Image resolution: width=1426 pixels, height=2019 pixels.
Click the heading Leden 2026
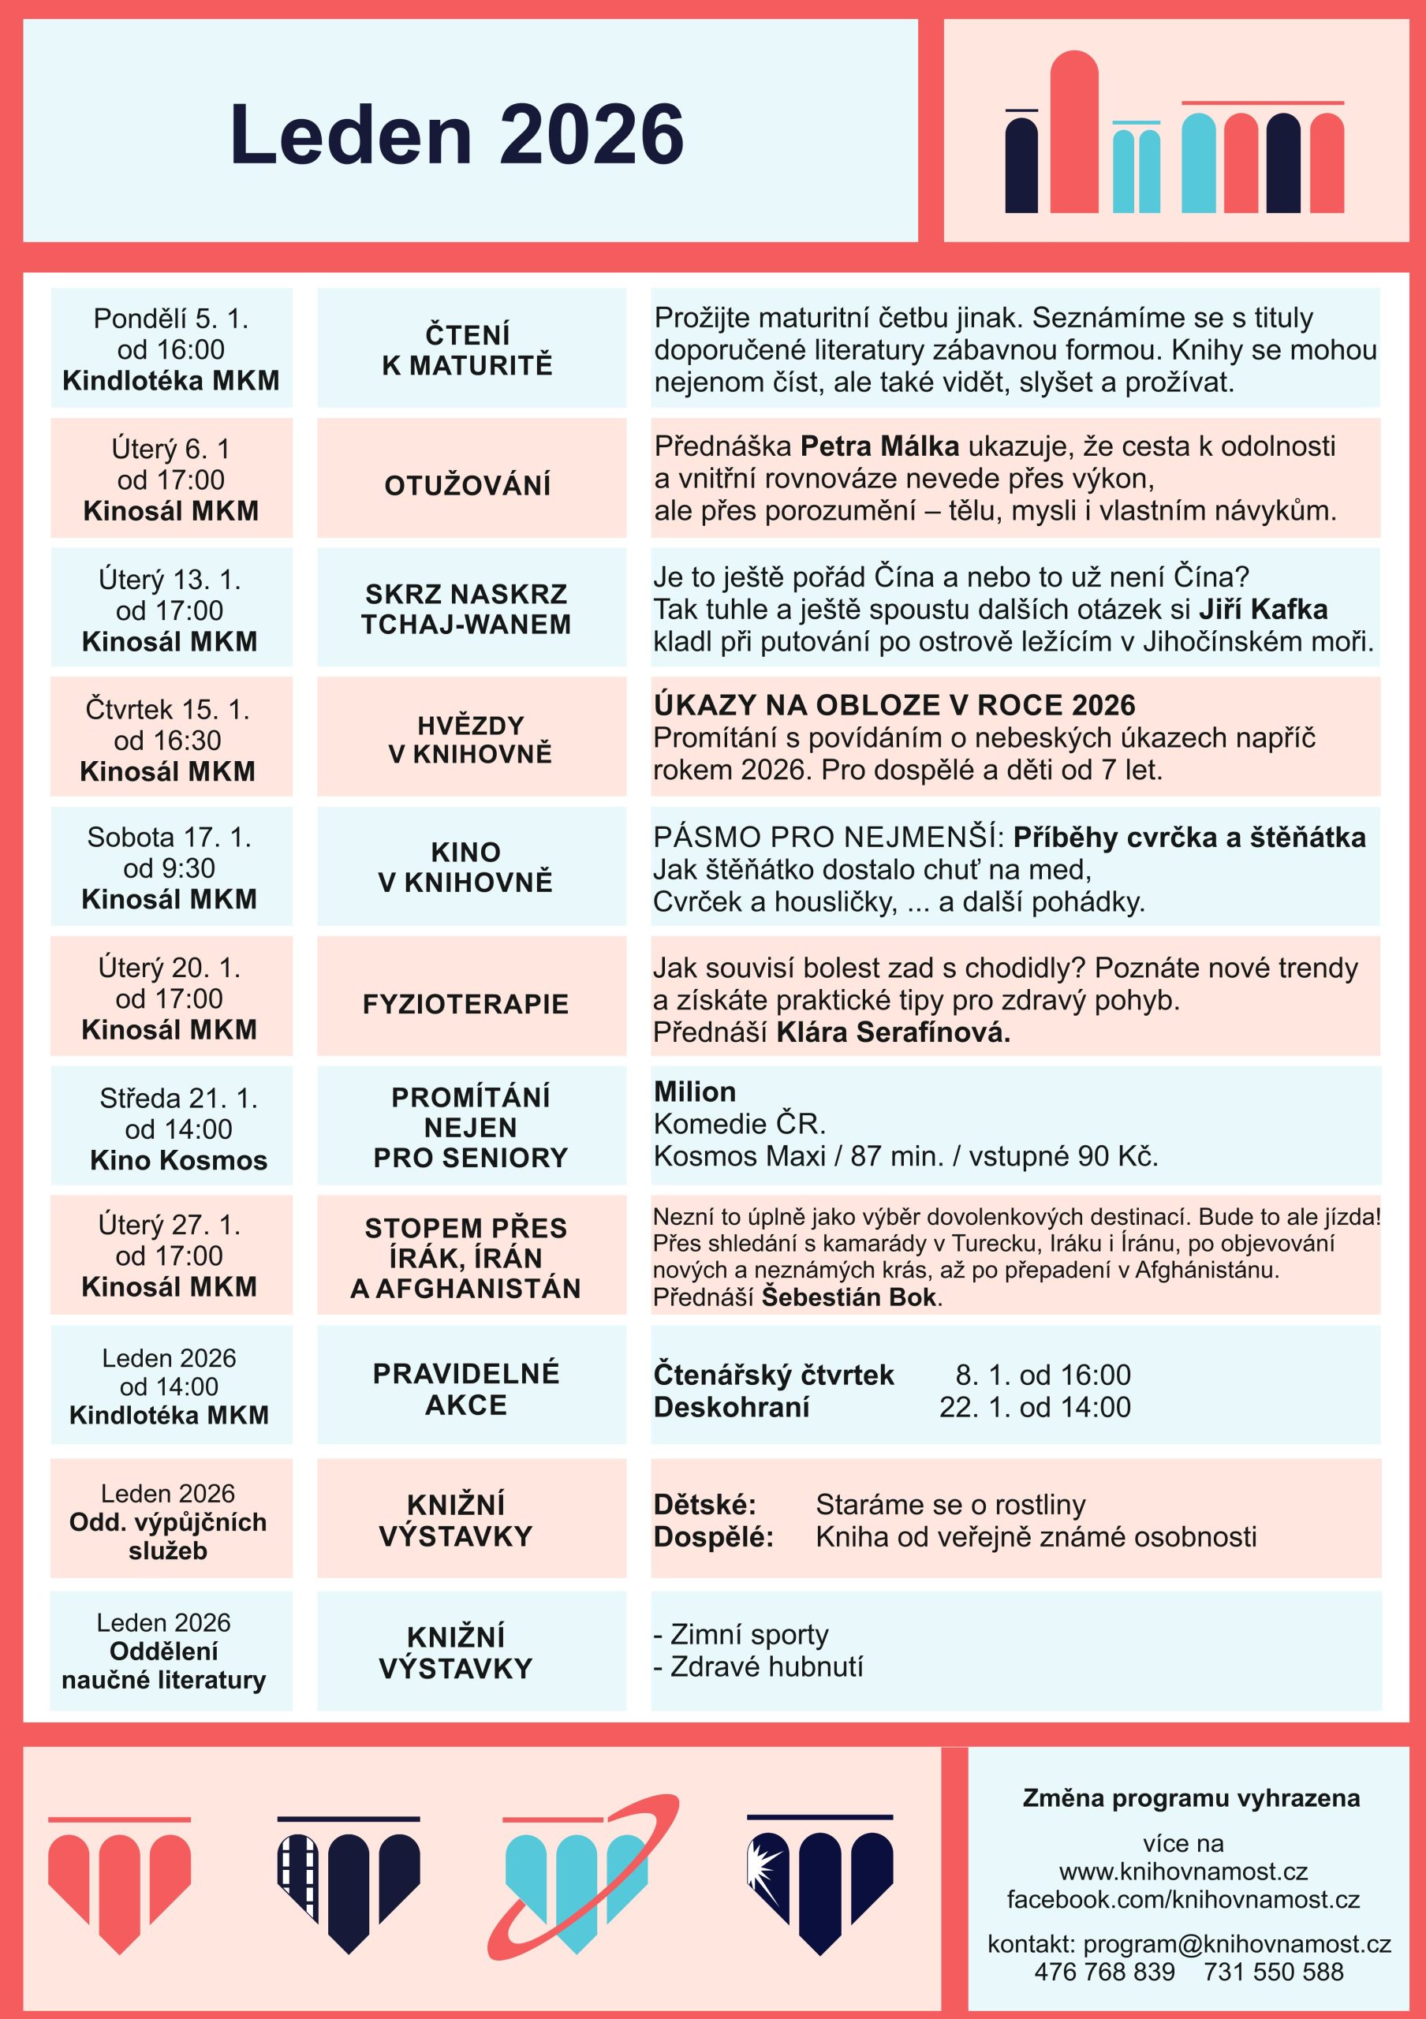click(457, 135)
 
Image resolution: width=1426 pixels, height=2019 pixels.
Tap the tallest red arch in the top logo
click(1073, 132)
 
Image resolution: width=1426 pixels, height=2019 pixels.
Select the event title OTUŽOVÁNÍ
click(467, 484)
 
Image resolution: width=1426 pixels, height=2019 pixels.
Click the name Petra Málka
click(879, 446)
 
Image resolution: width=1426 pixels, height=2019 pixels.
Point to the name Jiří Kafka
click(1263, 609)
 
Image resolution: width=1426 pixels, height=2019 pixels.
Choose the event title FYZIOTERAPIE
click(465, 1003)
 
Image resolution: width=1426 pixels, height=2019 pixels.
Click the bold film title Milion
click(695, 1092)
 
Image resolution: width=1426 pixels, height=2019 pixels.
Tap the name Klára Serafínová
click(892, 1032)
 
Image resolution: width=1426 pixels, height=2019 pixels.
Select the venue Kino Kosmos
click(178, 1160)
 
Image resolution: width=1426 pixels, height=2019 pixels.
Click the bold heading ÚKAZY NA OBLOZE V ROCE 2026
click(894, 704)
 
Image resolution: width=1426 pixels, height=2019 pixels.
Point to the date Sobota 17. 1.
click(170, 837)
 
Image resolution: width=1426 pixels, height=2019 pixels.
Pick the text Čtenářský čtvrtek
click(773, 1375)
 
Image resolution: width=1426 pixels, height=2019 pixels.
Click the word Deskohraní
click(730, 1407)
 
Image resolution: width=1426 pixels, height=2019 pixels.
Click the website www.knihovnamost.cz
click(1182, 1872)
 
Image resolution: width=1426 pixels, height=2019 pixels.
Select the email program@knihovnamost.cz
click(1236, 1943)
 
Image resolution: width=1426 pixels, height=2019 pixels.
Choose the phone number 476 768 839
click(1104, 1972)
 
